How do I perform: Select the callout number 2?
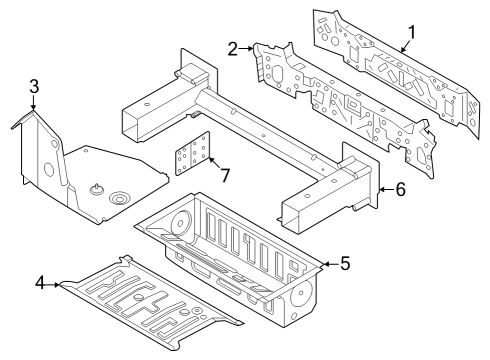click(233, 48)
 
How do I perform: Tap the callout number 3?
click(33, 88)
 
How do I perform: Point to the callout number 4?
click(41, 284)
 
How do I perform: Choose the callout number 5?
click(344, 264)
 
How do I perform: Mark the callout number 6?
click(399, 189)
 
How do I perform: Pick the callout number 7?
click(225, 176)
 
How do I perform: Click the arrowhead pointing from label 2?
click(251, 49)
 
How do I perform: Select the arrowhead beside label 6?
click(381, 189)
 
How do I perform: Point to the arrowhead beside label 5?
click(324, 264)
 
